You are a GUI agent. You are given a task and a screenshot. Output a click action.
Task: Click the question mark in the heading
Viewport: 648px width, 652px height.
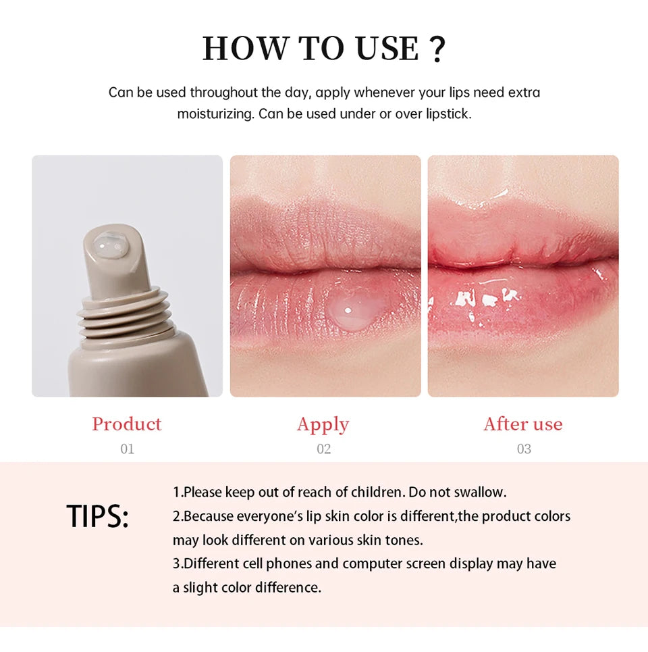point(437,49)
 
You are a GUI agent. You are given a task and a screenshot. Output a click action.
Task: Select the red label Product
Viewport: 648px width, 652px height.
point(127,424)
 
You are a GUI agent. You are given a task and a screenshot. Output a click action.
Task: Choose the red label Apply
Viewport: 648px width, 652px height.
point(323,424)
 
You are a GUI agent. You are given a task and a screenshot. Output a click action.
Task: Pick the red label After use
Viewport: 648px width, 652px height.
point(522,424)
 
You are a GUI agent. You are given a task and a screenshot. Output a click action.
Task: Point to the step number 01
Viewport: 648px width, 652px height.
point(127,449)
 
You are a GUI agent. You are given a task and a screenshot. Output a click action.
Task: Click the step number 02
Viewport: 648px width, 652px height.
point(323,449)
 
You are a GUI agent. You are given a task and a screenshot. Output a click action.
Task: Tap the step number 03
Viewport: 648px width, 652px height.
point(524,449)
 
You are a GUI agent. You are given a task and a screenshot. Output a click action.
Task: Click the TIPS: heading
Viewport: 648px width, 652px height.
point(97,517)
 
